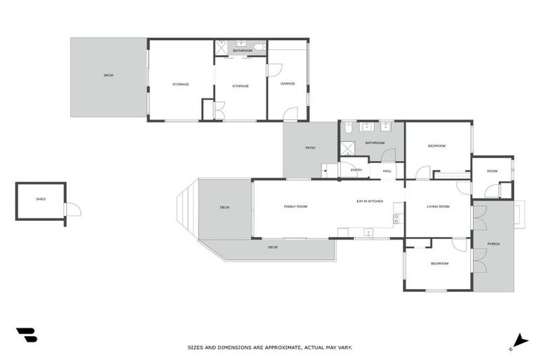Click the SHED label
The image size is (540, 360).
pos(41,199)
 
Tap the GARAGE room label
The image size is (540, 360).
pos(288,84)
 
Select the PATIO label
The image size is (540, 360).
pos(310,148)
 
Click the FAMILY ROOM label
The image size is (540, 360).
pos(295,206)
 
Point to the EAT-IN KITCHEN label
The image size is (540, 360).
pos(370,202)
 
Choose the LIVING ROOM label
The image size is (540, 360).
pos(438,206)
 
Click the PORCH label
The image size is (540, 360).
pos(494,244)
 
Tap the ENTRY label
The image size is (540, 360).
pos(356,170)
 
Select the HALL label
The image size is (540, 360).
pos(387,171)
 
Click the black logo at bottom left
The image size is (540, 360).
pos(26,335)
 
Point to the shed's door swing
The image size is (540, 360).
pos(73,210)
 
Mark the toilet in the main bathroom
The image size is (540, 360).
pos(347,128)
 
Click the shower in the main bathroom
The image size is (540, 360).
pos(348,148)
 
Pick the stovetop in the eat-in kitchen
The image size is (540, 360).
pos(397,219)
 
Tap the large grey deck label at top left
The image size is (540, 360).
pos(108,75)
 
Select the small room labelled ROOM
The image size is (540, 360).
pos(492,171)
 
